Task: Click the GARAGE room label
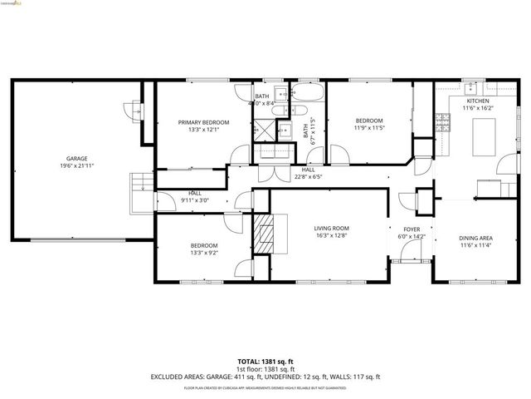point(77,159)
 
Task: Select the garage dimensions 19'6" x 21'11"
point(77,167)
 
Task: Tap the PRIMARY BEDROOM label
point(203,122)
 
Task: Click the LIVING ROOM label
point(331,228)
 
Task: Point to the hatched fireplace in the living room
point(266,234)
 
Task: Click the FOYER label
point(412,229)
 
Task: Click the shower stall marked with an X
point(264,128)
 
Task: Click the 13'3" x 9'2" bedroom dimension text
point(203,253)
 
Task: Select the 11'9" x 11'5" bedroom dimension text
point(369,128)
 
